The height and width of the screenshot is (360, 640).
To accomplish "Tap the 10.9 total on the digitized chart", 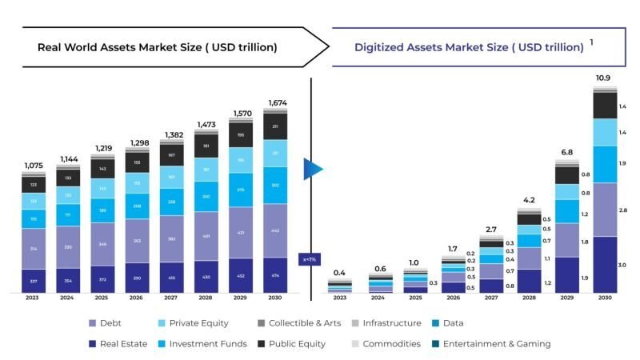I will pos(603,78).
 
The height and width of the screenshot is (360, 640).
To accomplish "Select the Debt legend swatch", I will pos(93,323).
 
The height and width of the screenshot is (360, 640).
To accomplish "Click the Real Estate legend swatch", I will pos(93,344).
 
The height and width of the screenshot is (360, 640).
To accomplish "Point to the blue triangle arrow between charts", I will pos(313,170).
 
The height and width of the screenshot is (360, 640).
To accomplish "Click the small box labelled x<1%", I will pos(310,259).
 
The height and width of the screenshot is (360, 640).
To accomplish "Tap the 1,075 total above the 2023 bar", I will pos(33,166).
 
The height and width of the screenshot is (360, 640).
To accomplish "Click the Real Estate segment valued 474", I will pos(274,276).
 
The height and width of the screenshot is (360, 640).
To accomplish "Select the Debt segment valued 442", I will pos(274,230).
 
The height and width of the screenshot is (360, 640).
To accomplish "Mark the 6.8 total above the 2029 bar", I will pos(566,152).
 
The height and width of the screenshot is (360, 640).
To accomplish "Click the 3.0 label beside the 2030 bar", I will pos(622,265).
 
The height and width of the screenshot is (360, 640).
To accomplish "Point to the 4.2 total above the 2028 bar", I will pos(529,200).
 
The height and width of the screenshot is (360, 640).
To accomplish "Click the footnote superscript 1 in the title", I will pos(591,42).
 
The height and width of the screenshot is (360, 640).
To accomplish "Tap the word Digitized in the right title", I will pos(381,47).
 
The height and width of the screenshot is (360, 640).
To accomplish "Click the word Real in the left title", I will pos(50,47).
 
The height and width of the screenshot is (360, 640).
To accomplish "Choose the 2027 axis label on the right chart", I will pos(491,298).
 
